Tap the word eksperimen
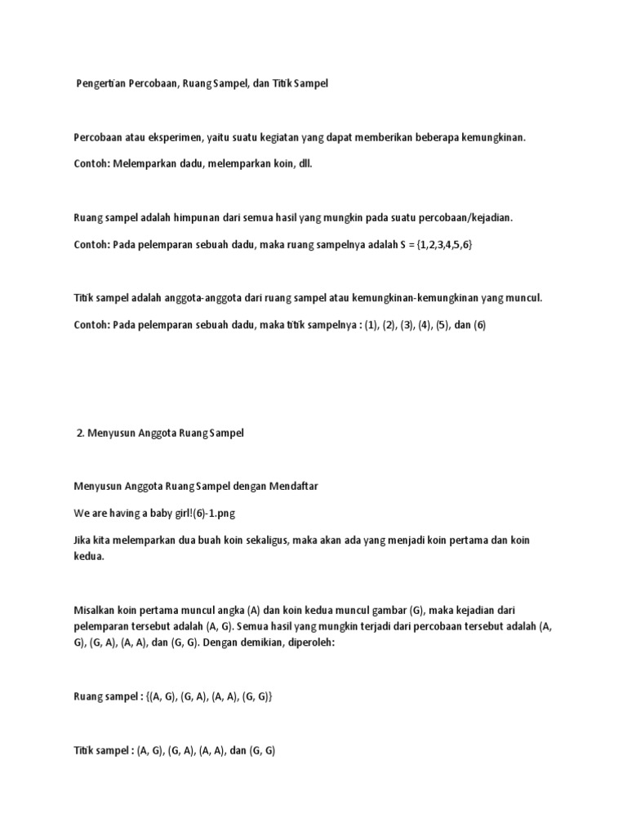[166, 138]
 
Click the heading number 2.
[79, 434]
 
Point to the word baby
[153, 513]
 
